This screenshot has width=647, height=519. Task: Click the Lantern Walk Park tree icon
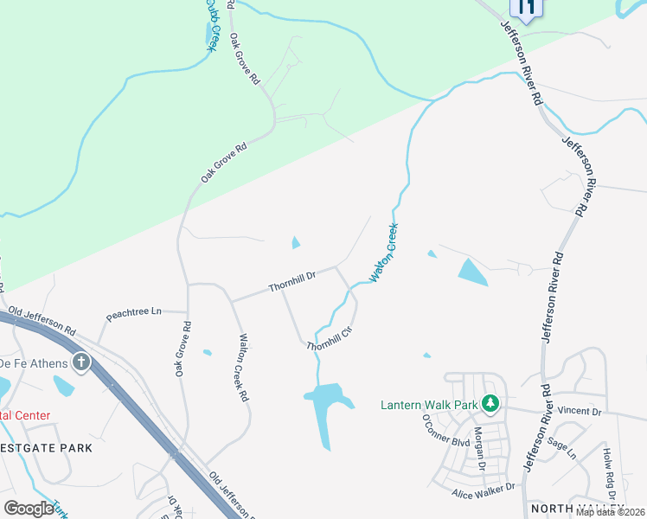click(x=490, y=403)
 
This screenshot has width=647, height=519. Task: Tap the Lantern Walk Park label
click(x=430, y=404)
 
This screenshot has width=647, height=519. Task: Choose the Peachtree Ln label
click(x=133, y=313)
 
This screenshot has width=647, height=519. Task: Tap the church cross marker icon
click(x=81, y=362)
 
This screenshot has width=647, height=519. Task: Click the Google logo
click(x=29, y=508)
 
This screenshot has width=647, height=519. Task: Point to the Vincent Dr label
click(x=579, y=412)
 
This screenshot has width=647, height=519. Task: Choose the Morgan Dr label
click(x=478, y=447)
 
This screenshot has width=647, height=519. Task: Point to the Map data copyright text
click(x=609, y=512)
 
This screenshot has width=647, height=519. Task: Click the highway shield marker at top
click(x=525, y=8)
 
